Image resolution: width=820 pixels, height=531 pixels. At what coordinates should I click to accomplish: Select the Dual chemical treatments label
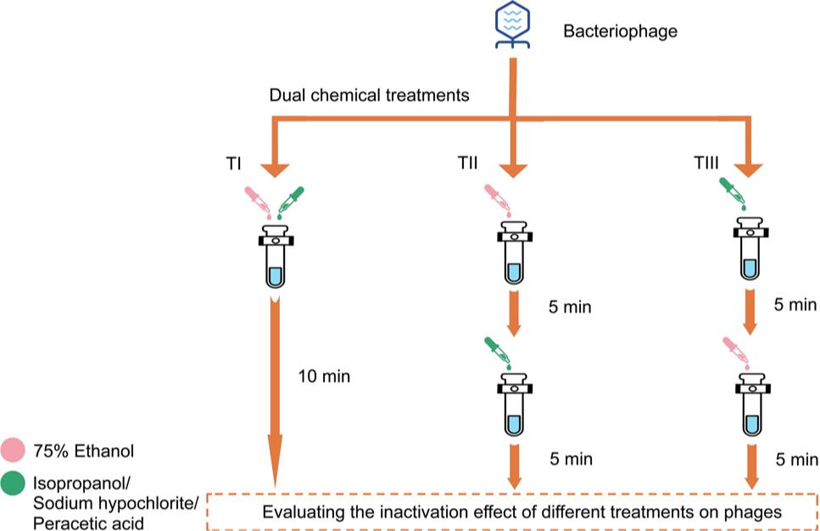(x=369, y=96)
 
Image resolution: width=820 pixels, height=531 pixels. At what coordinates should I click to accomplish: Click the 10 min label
(x=323, y=375)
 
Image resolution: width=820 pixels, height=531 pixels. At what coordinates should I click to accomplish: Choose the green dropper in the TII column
(x=497, y=353)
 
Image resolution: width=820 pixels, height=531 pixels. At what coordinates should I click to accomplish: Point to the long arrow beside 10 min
(x=276, y=390)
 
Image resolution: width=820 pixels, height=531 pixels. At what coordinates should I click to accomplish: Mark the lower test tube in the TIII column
(x=751, y=406)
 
